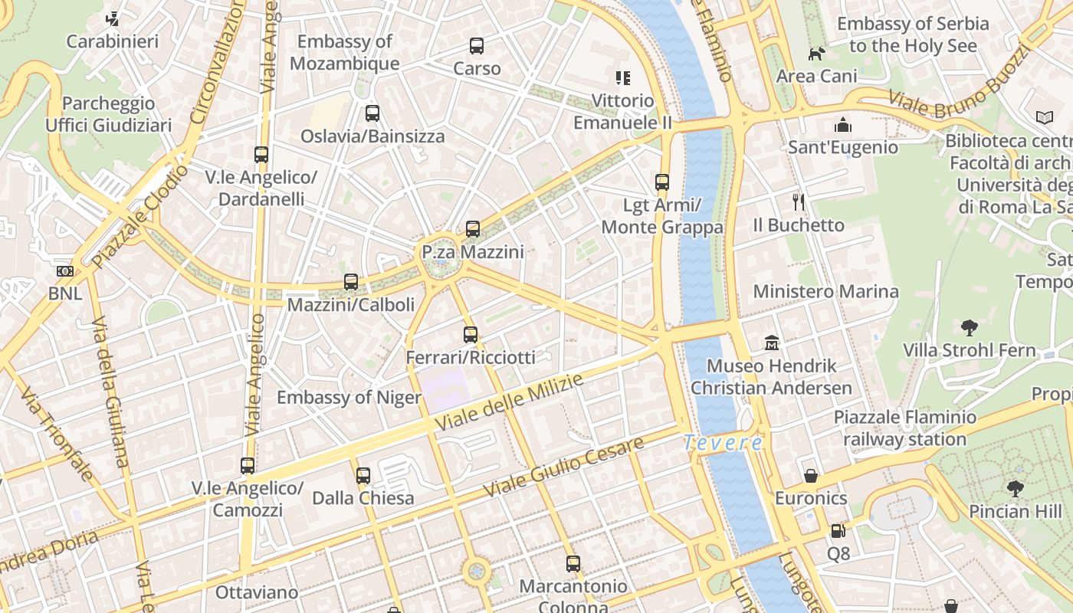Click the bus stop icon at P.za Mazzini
tap(473, 229)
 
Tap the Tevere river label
tap(723, 443)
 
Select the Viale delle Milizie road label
tap(509, 402)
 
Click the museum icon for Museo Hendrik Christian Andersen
tap(772, 343)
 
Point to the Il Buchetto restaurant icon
tap(799, 202)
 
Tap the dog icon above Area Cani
tap(817, 54)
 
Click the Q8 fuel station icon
tap(838, 530)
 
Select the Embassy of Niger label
tap(349, 397)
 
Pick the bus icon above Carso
tap(477, 46)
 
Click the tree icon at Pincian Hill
tap(1016, 488)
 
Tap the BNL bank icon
tap(65, 271)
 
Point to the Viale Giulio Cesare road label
tap(563, 467)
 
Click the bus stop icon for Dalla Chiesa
tap(363, 476)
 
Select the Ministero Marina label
tap(825, 291)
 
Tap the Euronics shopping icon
tap(811, 476)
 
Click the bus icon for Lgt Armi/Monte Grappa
tap(662, 182)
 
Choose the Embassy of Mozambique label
tap(345, 52)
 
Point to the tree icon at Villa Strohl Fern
tap(970, 328)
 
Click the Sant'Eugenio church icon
tap(843, 125)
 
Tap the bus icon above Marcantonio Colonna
tap(573, 564)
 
